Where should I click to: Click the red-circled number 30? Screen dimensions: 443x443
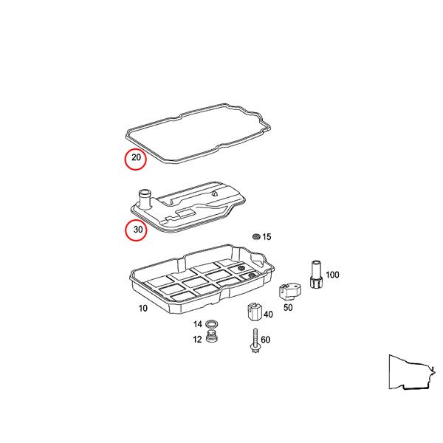pos(135,230)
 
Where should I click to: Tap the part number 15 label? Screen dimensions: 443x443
pos(267,237)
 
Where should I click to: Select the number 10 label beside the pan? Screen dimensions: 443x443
pos(142,308)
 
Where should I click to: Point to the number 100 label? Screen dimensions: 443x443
pos(332,275)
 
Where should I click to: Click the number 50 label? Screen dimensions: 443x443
pos(288,306)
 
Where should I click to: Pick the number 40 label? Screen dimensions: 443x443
pos(267,315)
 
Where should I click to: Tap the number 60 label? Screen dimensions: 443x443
pos(266,340)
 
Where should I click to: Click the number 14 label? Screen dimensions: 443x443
pos(198,324)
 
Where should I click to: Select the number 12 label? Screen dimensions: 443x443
pos(198,340)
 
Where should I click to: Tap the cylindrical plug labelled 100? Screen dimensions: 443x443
pos(315,274)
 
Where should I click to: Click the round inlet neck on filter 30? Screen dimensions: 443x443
pos(144,198)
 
